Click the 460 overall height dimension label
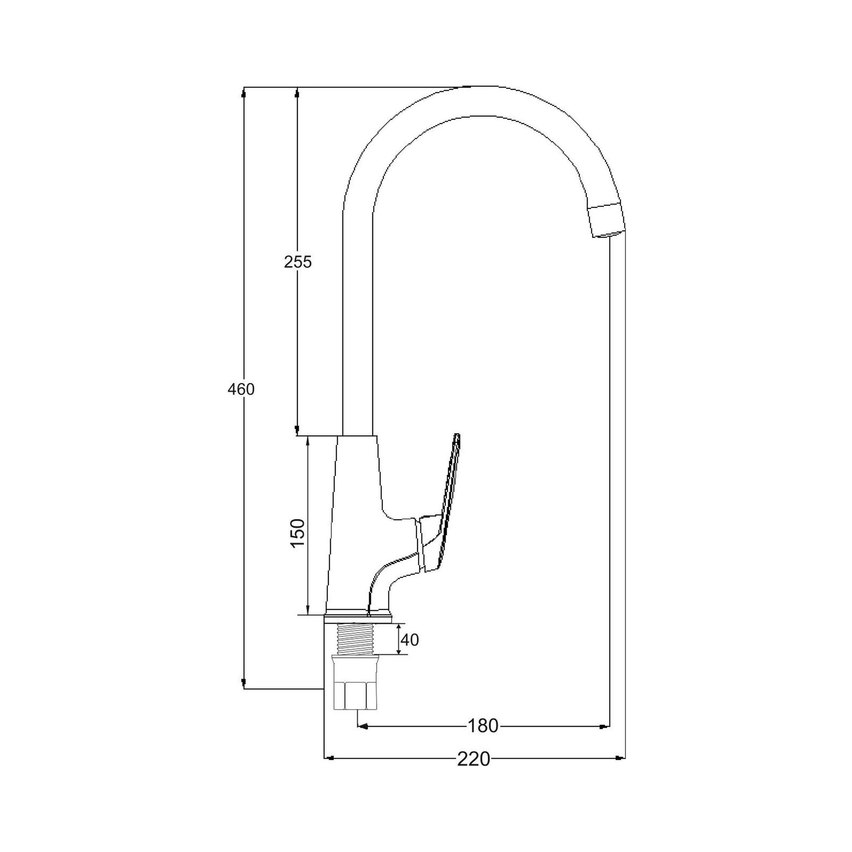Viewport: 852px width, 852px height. point(241,389)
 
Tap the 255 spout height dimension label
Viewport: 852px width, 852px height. point(298,262)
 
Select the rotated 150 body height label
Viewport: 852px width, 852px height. point(298,533)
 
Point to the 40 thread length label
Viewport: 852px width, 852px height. point(410,639)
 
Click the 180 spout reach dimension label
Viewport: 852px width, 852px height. point(483,726)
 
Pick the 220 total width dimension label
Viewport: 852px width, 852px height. point(474,759)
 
